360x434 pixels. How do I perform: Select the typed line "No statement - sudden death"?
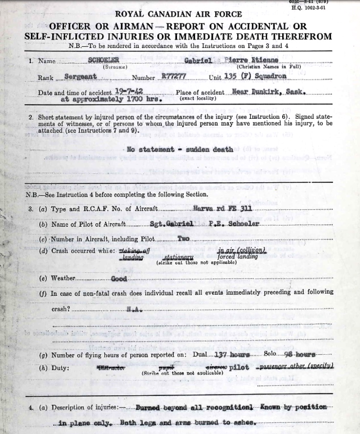180,150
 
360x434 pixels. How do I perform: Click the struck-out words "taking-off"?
134,250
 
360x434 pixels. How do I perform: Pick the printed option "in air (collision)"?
237,250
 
